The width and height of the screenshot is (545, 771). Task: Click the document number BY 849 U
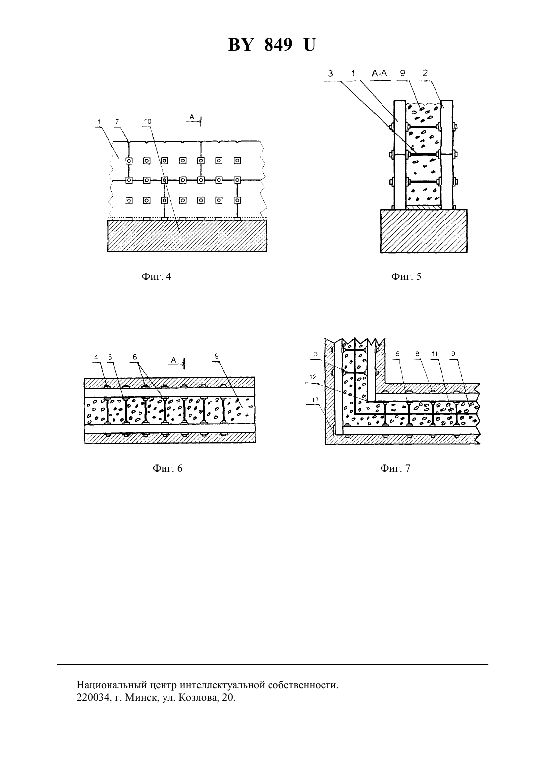click(272, 45)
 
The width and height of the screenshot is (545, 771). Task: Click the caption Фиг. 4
click(156, 276)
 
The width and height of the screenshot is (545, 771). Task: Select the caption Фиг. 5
click(406, 276)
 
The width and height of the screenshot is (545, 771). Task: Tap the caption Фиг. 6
click(167, 468)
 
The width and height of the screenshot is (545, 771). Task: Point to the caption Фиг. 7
click(395, 468)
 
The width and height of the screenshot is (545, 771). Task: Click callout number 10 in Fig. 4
click(148, 121)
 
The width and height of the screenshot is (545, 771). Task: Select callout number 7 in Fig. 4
click(117, 121)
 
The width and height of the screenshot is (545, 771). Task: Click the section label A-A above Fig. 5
click(380, 73)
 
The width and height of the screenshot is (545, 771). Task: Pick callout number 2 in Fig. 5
click(425, 73)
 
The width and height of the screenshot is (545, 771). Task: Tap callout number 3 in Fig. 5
click(330, 73)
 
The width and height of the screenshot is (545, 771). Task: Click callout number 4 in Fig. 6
click(96, 357)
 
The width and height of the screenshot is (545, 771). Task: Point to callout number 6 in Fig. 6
click(135, 357)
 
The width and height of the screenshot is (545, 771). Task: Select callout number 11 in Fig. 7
click(435, 354)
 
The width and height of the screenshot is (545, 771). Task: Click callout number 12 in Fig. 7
click(313, 377)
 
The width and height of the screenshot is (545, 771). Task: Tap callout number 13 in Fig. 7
click(315, 400)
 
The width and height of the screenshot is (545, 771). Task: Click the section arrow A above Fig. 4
click(195, 119)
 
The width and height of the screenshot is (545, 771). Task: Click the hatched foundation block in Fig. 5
click(424, 231)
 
